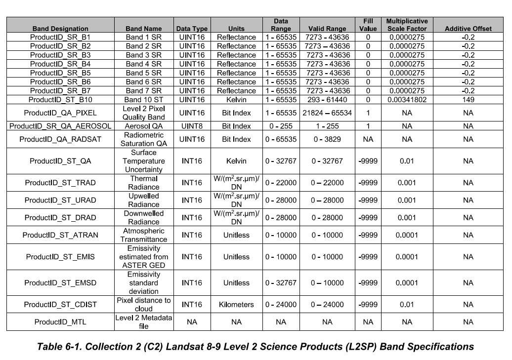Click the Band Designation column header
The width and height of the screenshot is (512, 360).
pos(60,29)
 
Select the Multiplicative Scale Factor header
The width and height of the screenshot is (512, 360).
pos(407,25)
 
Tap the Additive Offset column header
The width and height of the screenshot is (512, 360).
pos(468,29)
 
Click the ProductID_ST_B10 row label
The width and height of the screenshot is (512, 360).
pos(60,100)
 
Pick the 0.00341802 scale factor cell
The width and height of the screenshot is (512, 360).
pos(407,100)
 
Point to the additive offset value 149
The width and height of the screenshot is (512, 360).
pos(468,100)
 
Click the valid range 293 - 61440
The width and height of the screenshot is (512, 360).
pos(327,100)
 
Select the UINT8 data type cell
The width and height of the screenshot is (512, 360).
pos(192,126)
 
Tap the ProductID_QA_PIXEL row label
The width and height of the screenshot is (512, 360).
pos(60,113)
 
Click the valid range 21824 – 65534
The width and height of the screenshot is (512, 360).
pos(327,113)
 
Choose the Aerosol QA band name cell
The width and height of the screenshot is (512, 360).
pos(144,126)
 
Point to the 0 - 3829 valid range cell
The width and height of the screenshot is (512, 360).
pos(327,139)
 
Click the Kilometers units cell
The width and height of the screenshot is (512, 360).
pos(236,304)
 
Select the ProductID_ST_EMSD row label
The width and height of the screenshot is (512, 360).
pos(60,283)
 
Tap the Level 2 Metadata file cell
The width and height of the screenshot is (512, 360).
pos(144,322)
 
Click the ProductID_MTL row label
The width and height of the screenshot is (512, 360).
pos(60,322)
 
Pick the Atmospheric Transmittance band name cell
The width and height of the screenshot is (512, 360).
pos(144,235)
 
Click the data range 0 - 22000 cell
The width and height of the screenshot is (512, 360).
pos(281,183)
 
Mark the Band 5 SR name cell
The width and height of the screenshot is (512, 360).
pos(144,73)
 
